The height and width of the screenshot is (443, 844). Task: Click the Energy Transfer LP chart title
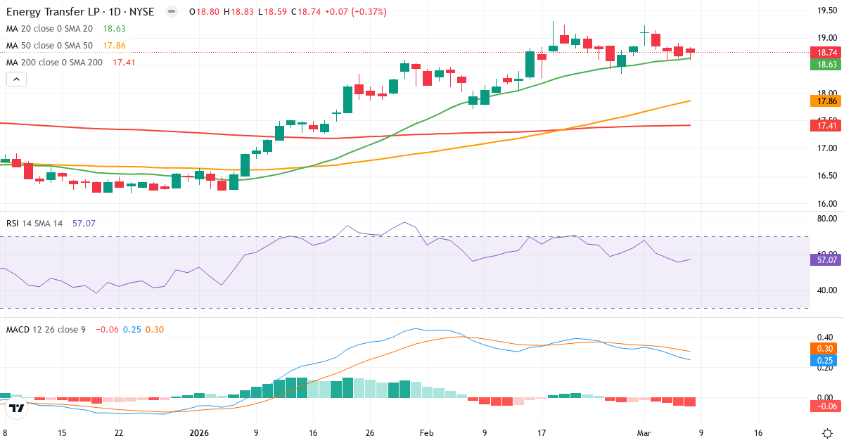[x=82, y=12]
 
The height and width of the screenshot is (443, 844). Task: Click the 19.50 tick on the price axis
[x=826, y=10]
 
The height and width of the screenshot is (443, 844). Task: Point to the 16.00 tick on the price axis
[x=826, y=204]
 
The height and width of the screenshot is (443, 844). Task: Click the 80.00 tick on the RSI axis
[x=826, y=219]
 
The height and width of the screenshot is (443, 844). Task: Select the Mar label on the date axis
[x=644, y=433]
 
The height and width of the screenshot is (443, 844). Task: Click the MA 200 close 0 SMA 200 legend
[x=55, y=63]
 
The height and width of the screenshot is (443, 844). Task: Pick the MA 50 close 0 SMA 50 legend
[x=50, y=46]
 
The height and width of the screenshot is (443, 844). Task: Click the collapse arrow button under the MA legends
[x=17, y=79]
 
